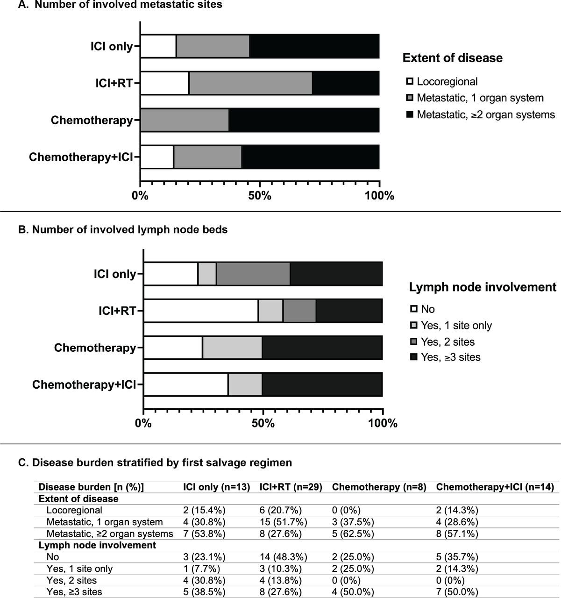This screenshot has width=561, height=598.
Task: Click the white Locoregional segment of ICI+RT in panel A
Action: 165,83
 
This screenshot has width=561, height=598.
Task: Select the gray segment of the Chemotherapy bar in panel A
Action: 185,120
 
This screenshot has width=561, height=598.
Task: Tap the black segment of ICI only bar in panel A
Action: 314,46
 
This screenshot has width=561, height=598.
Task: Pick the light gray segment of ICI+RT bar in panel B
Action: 271,311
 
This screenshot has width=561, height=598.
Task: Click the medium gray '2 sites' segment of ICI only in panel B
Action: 253,274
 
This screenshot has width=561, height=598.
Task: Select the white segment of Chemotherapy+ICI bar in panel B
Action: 186,384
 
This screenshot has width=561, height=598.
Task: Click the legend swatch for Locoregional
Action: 410,81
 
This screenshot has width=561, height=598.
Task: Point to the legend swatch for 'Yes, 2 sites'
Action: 414,342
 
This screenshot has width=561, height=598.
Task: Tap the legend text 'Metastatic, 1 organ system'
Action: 480,98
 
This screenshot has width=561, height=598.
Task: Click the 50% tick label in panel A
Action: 260,196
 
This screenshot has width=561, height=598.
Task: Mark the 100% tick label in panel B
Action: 383,423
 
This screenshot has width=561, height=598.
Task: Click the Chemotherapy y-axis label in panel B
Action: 95,348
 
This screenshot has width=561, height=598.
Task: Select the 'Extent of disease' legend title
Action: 453,58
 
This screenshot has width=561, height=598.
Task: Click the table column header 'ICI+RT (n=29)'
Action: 291,487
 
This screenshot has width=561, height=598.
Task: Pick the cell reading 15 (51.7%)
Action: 284,522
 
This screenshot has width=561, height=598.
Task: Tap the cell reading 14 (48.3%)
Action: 284,557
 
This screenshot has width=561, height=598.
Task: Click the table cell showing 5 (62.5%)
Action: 353,534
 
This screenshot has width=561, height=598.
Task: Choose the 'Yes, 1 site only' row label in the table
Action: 79,569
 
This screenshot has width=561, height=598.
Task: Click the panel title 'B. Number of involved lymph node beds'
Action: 123,229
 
